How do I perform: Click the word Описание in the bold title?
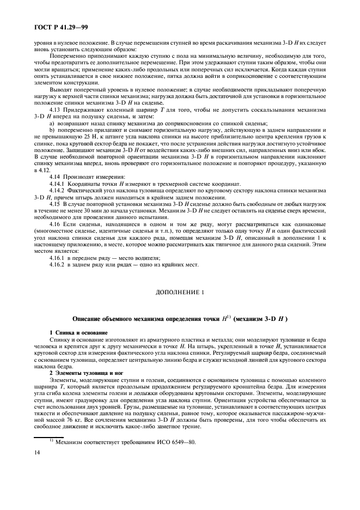(90, 318)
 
